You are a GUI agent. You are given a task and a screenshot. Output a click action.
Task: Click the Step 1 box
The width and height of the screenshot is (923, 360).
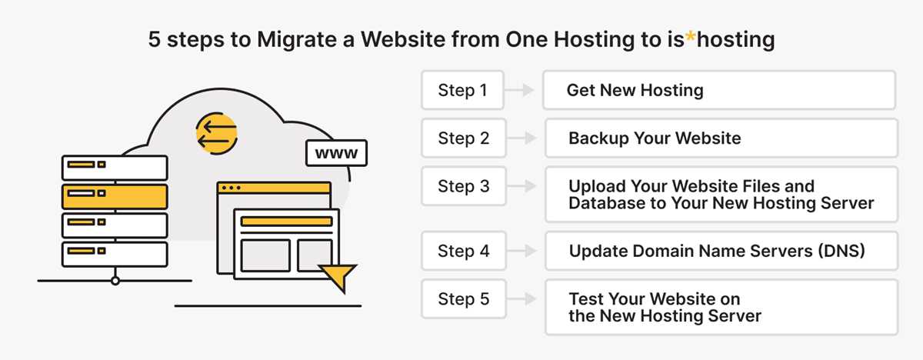tap(462, 90)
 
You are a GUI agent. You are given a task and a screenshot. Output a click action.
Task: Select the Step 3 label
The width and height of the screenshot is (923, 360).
tap(464, 186)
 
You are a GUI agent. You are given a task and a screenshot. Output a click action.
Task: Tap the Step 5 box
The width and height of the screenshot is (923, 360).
tap(464, 299)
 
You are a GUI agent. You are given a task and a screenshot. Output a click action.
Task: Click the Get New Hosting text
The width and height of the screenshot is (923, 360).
tap(635, 90)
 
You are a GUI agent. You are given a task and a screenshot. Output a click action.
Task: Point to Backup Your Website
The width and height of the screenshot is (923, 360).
tap(655, 138)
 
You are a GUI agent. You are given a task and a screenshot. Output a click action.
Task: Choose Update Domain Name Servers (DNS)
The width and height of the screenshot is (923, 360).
tap(717, 251)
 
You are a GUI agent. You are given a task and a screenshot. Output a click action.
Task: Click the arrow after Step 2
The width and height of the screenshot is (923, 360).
tap(521, 138)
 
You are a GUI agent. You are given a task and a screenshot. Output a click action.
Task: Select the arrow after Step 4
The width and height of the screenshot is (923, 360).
tap(521, 251)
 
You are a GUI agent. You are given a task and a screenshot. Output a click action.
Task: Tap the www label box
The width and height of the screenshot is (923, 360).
tap(336, 153)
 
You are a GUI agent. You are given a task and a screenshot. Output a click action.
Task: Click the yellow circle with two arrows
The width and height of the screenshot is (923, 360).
tap(217, 133)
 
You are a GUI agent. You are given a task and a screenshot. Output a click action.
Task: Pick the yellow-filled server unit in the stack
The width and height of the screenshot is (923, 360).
tap(115, 197)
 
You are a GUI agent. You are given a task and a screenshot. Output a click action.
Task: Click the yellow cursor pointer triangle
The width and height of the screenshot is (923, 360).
tap(338, 277)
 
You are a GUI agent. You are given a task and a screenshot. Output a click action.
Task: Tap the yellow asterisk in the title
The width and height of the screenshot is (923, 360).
tap(690, 37)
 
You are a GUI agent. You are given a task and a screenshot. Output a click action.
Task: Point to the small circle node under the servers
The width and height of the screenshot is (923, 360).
tap(115, 281)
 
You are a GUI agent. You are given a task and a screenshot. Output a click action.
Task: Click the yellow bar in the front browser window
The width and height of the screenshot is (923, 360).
tap(286, 222)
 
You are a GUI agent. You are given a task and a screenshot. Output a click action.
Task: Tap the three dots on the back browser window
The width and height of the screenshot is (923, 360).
tap(232, 188)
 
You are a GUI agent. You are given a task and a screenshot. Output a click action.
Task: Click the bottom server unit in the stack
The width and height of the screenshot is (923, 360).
tap(115, 255)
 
